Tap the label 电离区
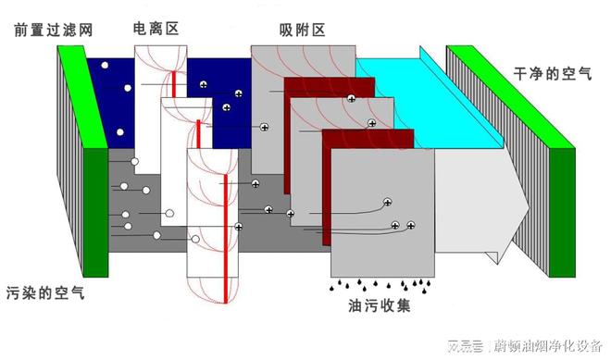pyautogui.click(x=157, y=29)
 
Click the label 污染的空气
pyautogui.click(x=45, y=292)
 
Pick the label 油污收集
pyautogui.click(x=382, y=302)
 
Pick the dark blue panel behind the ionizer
pyautogui.click(x=111, y=93)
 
